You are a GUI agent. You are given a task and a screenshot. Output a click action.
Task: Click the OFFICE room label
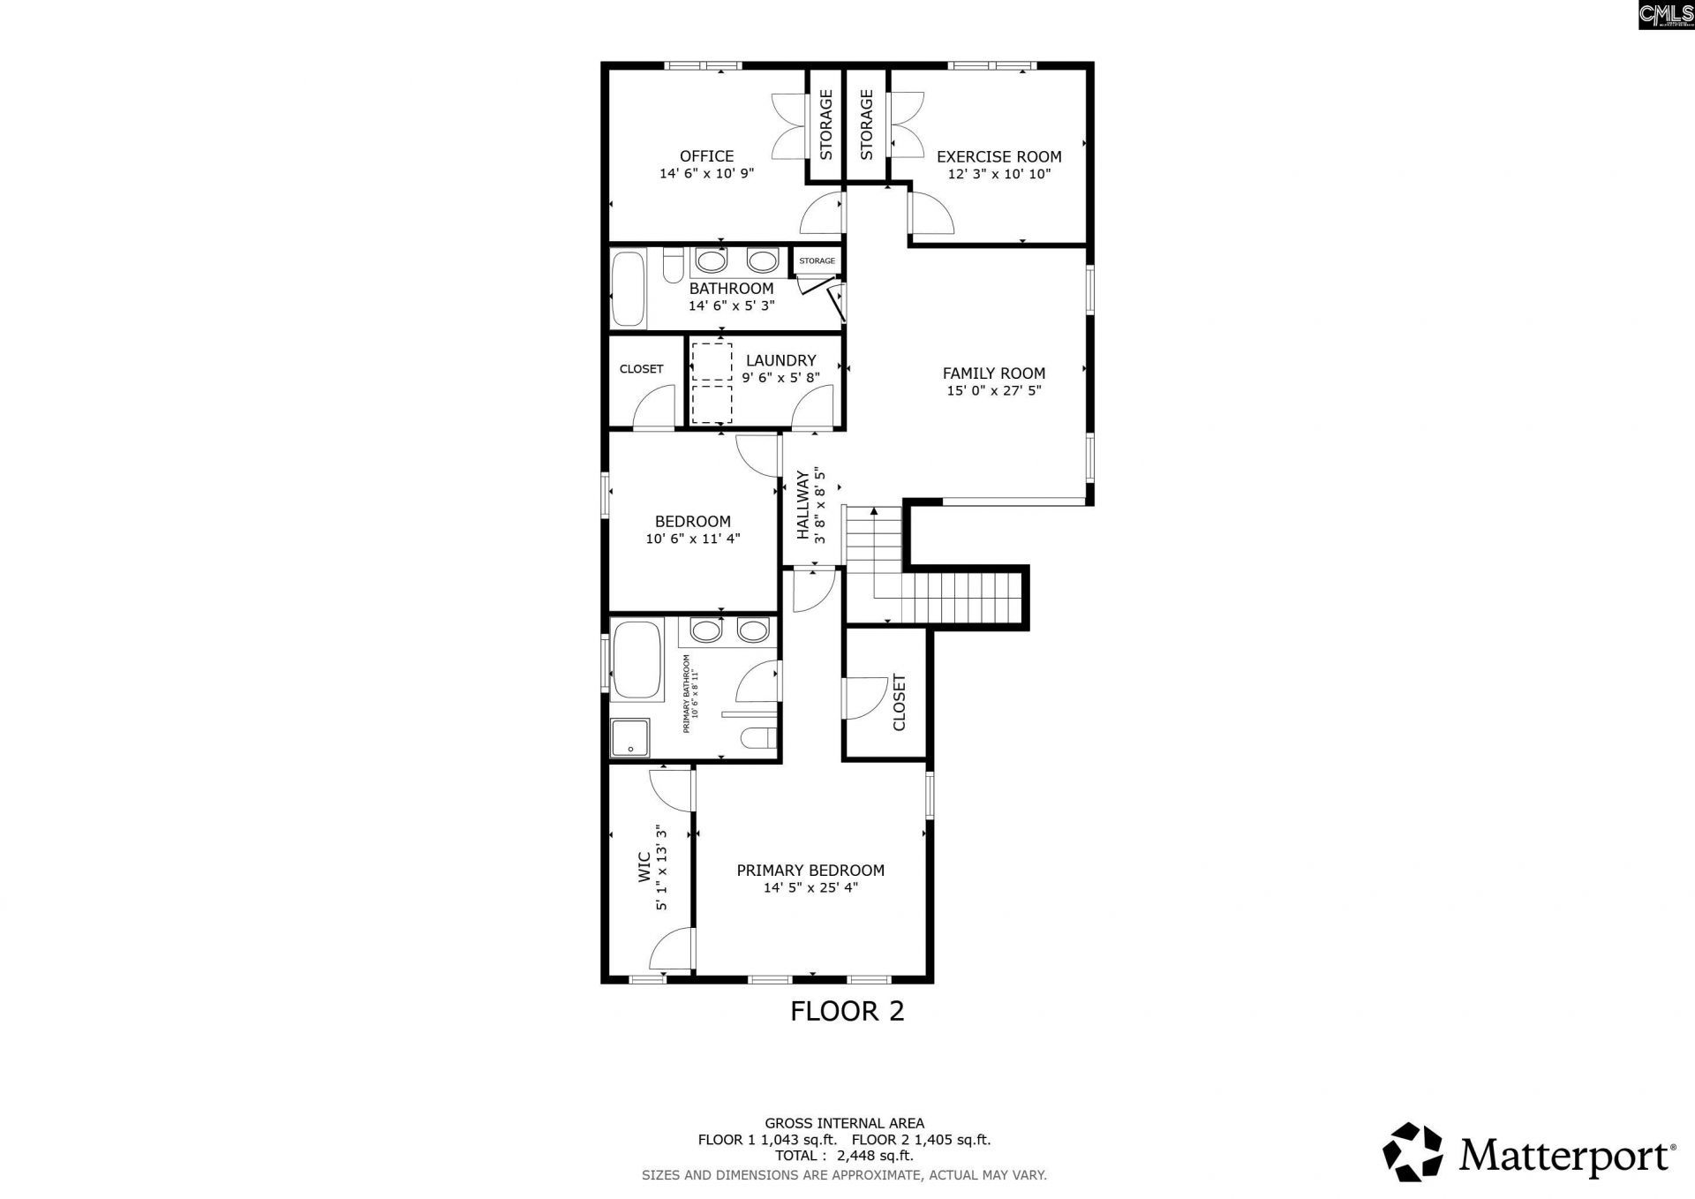(x=706, y=156)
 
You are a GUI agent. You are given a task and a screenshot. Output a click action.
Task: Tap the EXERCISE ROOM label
(x=998, y=156)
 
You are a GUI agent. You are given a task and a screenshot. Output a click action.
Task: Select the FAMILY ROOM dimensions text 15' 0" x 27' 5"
(x=994, y=390)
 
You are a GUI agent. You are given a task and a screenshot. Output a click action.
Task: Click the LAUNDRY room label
(x=780, y=360)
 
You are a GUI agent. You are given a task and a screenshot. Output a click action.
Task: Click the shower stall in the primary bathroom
(x=630, y=737)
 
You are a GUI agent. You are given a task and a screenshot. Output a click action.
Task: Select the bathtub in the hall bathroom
(x=629, y=290)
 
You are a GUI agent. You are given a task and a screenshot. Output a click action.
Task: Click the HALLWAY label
(x=802, y=505)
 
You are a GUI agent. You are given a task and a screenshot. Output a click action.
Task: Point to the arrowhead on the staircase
(x=874, y=510)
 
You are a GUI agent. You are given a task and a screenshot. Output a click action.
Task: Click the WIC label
(x=644, y=866)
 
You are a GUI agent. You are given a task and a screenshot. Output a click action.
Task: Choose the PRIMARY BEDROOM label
(x=810, y=870)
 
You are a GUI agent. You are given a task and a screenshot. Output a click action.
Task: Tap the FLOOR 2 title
(x=847, y=1011)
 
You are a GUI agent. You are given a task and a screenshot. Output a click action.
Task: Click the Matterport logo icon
(x=1412, y=1152)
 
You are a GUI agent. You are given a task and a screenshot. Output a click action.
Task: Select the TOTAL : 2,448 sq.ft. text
(x=844, y=1156)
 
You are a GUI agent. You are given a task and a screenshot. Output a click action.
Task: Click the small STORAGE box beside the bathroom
(x=817, y=260)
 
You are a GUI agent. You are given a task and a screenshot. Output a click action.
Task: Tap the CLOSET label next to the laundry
(x=641, y=369)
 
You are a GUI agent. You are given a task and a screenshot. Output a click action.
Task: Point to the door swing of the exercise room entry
(x=931, y=216)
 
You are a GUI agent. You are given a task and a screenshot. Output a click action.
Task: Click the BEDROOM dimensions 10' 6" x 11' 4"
(x=693, y=538)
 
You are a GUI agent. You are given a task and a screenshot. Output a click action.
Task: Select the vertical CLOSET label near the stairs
(x=900, y=703)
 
